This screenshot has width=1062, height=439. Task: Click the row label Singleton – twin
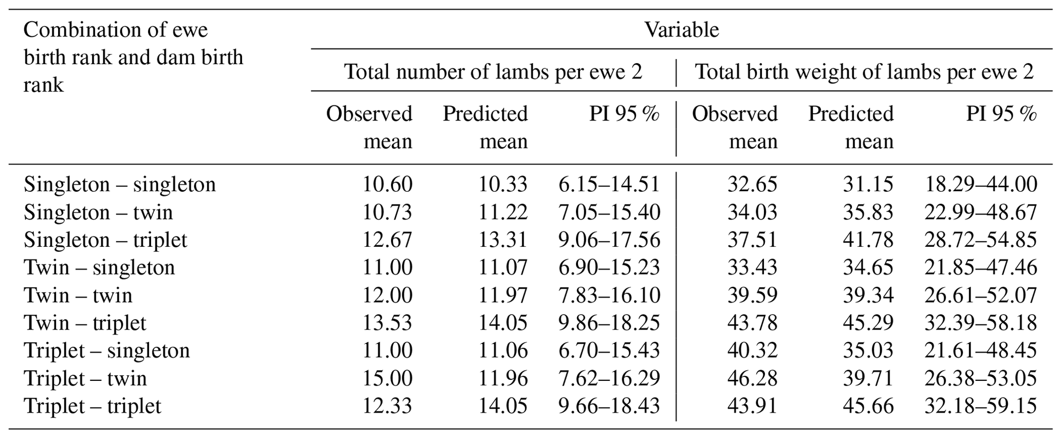point(98,212)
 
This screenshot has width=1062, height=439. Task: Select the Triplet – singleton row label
point(107,351)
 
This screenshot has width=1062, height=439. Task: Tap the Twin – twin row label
point(78,296)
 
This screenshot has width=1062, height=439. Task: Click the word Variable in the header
point(681,30)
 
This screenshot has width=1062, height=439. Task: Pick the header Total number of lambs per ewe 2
point(493,72)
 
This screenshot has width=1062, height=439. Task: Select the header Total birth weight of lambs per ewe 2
point(864,72)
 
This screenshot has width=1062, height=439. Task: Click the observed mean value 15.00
point(387,378)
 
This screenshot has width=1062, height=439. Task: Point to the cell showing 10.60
point(387,185)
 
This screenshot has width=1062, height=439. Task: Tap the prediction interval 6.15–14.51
point(609,185)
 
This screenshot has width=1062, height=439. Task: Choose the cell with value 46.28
point(752,378)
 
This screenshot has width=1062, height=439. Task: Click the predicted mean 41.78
point(868,240)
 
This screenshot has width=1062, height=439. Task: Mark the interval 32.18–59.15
point(980,406)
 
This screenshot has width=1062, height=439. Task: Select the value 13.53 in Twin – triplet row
point(387,323)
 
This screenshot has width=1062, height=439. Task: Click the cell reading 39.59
point(752,296)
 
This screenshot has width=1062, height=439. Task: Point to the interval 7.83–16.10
point(609,296)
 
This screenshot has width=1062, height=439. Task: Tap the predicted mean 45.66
point(868,406)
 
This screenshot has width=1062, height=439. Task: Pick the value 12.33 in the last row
point(387,406)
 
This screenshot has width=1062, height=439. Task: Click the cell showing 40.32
point(752,351)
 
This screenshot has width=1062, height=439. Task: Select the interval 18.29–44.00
point(980,185)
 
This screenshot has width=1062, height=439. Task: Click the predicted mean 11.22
point(503,212)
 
